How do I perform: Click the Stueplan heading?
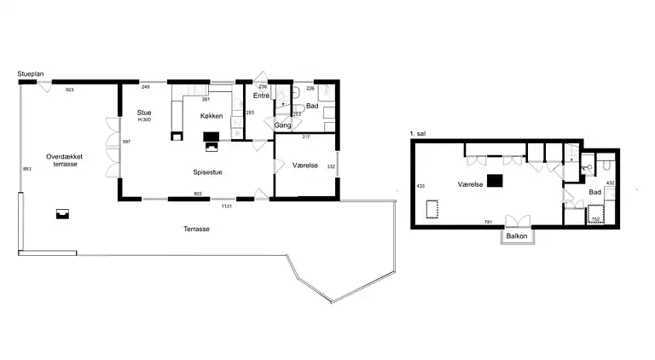coord(31,75)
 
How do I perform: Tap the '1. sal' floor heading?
coord(418,134)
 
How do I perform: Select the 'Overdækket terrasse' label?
coord(62,160)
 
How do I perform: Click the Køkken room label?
coord(212,115)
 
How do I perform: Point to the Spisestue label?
coord(207,171)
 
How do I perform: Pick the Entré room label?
coord(261,96)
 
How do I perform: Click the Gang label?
coord(283,125)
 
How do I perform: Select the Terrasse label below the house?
coord(195,229)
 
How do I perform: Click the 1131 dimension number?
coord(227,206)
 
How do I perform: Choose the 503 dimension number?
coord(70,89)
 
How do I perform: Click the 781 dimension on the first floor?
coord(489,223)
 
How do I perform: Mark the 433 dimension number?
coord(420,185)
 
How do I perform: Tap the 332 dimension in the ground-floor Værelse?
coord(331,167)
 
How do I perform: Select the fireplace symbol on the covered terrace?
coord(61,213)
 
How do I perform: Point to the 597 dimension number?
coord(126,142)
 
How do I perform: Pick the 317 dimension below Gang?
coord(304,136)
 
